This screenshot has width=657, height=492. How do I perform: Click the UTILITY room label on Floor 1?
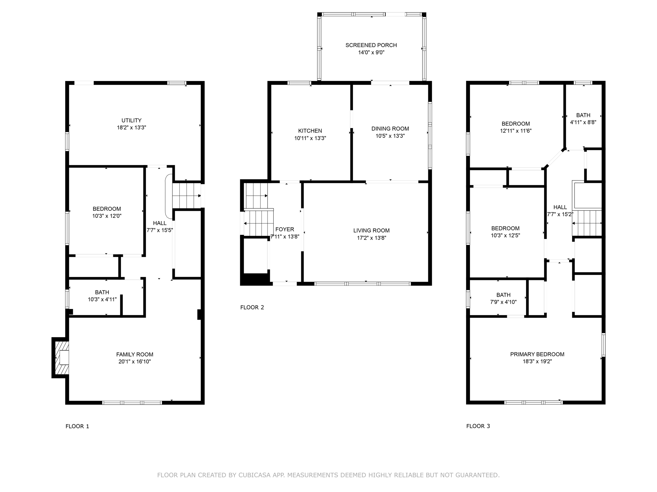point(131,120)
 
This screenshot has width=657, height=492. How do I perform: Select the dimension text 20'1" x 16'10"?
point(134,362)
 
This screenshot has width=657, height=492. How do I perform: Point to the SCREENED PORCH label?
point(371,45)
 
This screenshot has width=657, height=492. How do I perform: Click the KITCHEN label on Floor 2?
point(310,131)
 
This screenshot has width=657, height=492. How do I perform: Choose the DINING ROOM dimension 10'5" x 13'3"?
point(390,136)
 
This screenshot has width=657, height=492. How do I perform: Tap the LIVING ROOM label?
point(371,230)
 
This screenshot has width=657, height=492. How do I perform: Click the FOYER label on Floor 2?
point(285,229)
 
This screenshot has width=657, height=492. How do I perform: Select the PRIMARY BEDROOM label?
point(537,354)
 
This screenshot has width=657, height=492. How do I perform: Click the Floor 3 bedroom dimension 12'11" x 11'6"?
point(516,131)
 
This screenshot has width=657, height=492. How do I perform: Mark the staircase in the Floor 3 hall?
point(587,223)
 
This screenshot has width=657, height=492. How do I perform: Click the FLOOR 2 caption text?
point(252,307)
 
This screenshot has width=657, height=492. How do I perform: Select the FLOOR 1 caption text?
point(77,426)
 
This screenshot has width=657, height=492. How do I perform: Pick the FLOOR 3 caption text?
point(478,426)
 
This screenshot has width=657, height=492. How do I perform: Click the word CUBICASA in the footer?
point(253,475)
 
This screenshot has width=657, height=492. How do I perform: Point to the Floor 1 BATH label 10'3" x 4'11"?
point(102,292)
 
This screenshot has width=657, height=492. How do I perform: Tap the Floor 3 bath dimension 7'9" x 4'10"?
point(503,302)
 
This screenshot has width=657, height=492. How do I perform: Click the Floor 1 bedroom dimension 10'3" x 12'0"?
point(107,216)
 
